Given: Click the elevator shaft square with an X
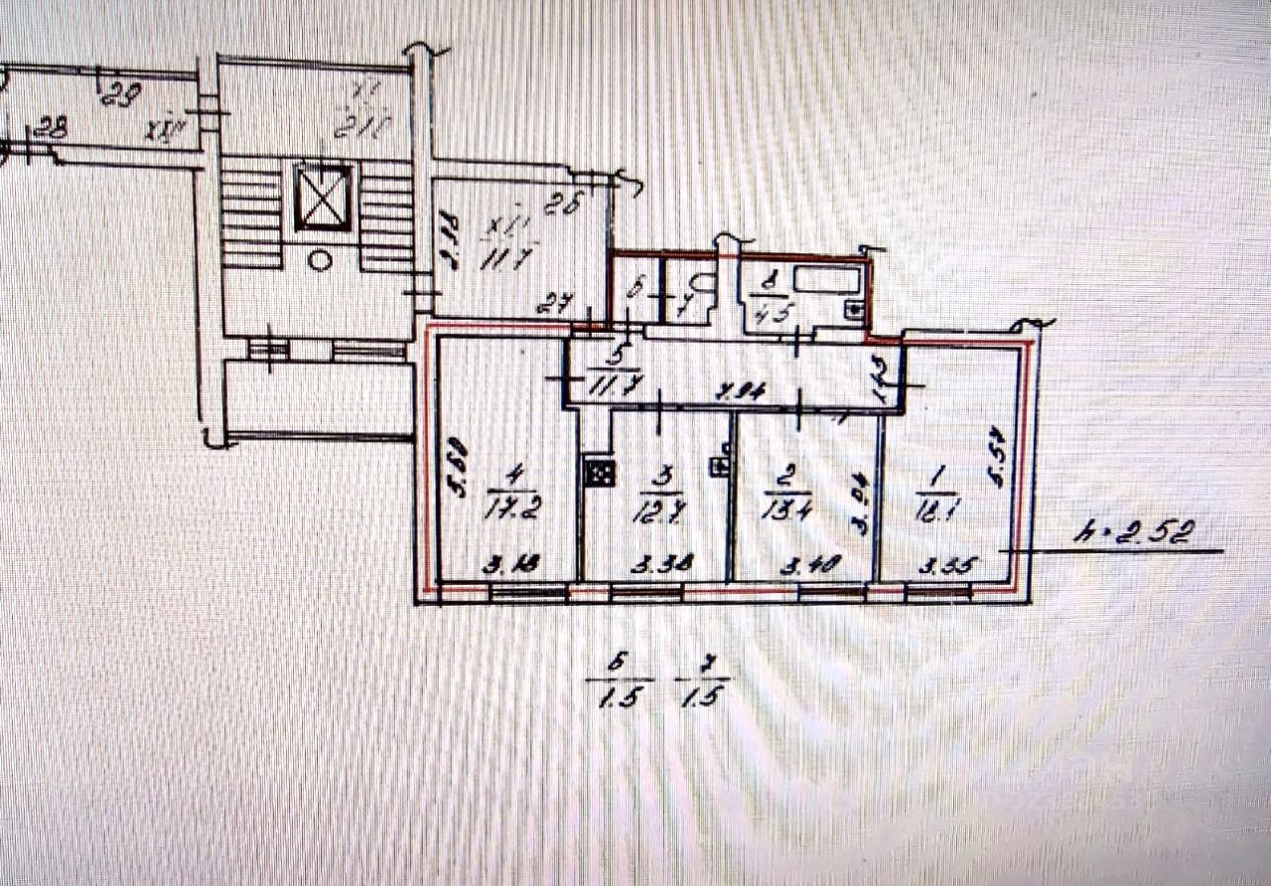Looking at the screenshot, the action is click(323, 198).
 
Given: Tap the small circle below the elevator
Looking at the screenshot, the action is click(320, 260).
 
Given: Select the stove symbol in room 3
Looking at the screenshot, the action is click(599, 473).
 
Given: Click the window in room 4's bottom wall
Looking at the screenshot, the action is click(527, 593).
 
